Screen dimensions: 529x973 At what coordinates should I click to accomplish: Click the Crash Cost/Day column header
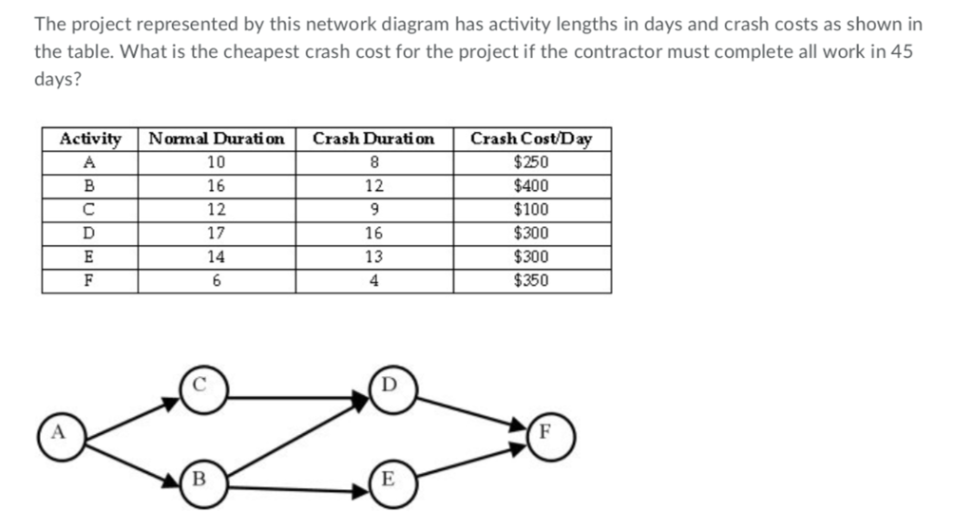tap(531, 139)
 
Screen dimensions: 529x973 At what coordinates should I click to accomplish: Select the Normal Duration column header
tap(217, 139)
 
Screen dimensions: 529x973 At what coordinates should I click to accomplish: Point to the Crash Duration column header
tap(373, 139)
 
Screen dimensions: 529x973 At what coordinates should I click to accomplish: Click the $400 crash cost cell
tap(531, 186)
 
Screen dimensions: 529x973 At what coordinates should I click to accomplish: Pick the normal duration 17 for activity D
tap(217, 233)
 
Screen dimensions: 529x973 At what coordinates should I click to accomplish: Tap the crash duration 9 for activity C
tap(373, 210)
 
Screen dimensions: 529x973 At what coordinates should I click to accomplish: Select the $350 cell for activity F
tap(531, 280)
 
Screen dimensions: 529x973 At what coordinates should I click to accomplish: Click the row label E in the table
tap(89, 256)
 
